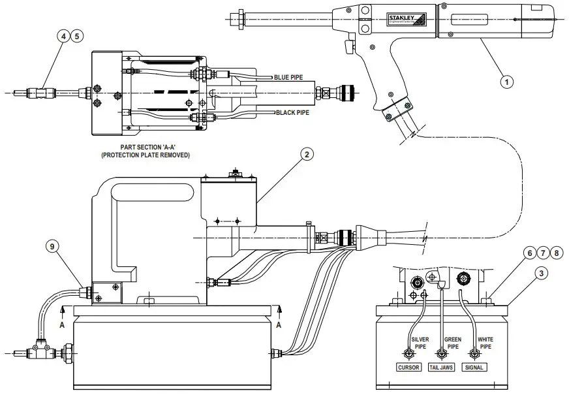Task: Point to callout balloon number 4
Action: tap(64, 37)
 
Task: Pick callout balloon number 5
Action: tap(78, 37)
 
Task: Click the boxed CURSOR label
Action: tap(408, 368)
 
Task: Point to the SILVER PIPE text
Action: tap(420, 343)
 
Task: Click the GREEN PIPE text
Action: tap(453, 343)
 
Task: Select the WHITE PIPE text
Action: tap(486, 343)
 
